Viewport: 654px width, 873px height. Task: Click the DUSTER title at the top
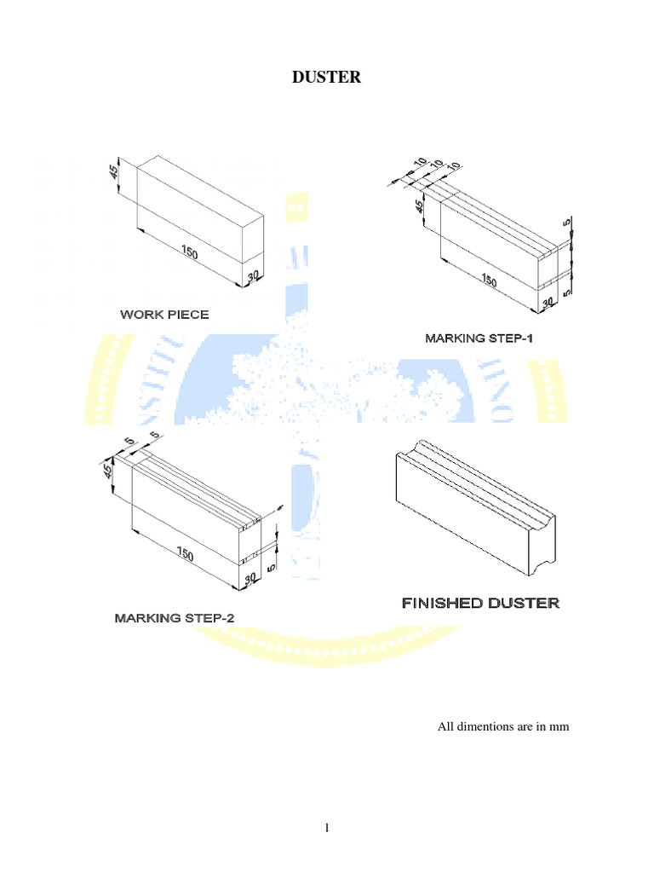(x=327, y=78)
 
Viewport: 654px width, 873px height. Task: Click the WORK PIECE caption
(x=164, y=315)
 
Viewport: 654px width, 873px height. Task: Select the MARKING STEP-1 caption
(x=479, y=338)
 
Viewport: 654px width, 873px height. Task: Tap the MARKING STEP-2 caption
(x=174, y=617)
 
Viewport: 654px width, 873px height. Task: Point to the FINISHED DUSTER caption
(x=480, y=604)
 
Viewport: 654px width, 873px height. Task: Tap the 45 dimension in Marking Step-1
(x=419, y=207)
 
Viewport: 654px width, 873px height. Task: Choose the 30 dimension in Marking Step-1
(x=548, y=302)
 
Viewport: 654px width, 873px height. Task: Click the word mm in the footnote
(x=559, y=727)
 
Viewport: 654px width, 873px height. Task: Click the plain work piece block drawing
(x=200, y=217)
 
